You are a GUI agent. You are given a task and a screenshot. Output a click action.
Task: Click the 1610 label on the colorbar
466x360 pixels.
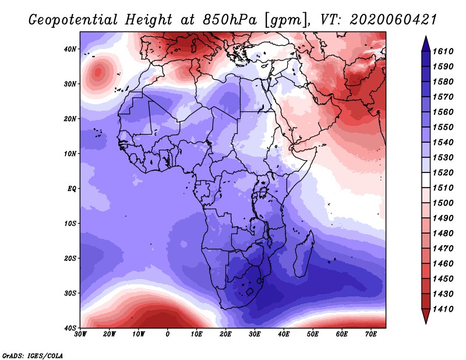pyautogui.click(x=443, y=51)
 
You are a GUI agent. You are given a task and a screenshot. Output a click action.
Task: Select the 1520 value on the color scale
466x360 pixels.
pyautogui.click(x=443, y=172)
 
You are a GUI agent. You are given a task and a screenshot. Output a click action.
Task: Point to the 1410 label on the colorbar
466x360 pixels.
pyautogui.click(x=443, y=309)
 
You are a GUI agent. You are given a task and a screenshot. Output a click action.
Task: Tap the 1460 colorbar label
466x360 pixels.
pyautogui.click(x=443, y=264)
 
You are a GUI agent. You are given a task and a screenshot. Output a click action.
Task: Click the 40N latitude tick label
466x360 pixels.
pyautogui.click(x=70, y=49)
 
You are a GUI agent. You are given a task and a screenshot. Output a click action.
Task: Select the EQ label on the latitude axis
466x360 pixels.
pyautogui.click(x=72, y=189)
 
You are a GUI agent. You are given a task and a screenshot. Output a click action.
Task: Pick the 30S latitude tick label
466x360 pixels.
pyautogui.click(x=70, y=294)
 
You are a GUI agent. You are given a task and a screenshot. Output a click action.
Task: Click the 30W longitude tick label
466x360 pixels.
pyautogui.click(x=80, y=334)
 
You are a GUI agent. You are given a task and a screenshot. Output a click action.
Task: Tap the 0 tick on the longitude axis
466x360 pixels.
pyautogui.click(x=168, y=334)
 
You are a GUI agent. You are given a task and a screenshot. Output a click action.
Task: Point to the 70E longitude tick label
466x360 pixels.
pyautogui.click(x=371, y=334)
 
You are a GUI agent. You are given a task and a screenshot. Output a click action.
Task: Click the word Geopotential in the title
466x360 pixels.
pyautogui.click(x=73, y=20)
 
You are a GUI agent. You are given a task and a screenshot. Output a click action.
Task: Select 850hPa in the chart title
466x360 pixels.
pyautogui.click(x=230, y=20)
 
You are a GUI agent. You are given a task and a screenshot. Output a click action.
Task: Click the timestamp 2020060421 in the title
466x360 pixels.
pyautogui.click(x=393, y=20)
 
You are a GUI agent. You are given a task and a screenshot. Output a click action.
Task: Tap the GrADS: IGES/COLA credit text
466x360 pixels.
pyautogui.click(x=33, y=356)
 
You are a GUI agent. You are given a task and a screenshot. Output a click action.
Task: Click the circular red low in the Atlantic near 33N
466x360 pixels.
pyautogui.click(x=98, y=73)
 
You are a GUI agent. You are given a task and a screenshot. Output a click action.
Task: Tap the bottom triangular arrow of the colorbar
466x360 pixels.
pyautogui.click(x=426, y=316)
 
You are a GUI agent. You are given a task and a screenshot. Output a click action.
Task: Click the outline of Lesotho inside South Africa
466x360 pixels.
pyautogui.click(x=250, y=291)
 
